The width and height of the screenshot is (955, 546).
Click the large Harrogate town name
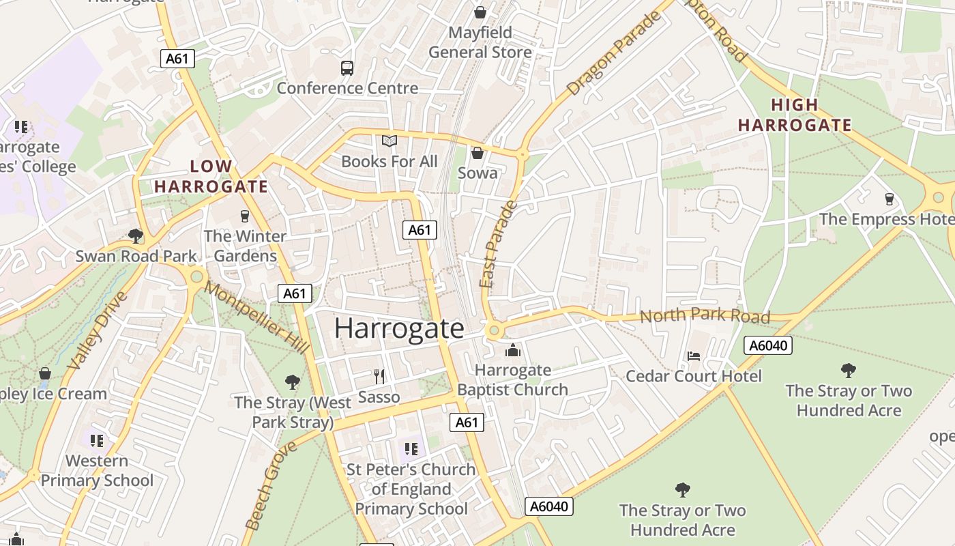pyautogui.click(x=399, y=328)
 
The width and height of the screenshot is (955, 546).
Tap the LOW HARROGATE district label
pyautogui.click(x=211, y=176)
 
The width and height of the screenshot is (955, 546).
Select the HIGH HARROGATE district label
pyautogui.click(x=795, y=115)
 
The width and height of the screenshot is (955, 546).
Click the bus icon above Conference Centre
pyautogui.click(x=347, y=68)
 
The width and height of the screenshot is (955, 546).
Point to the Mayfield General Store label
pyautogui.click(x=480, y=42)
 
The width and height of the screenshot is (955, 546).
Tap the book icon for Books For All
pyautogui.click(x=390, y=141)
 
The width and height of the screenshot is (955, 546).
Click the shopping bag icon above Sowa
pyautogui.click(x=477, y=152)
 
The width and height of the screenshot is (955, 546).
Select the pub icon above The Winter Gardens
pyautogui.click(x=245, y=216)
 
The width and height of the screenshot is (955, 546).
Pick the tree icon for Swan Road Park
pyautogui.click(x=136, y=236)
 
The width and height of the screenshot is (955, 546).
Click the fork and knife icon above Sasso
pyautogui.click(x=379, y=376)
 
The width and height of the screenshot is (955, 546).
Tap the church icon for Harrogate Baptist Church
pyautogui.click(x=512, y=351)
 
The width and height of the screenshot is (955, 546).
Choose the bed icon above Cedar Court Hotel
pyautogui.click(x=694, y=356)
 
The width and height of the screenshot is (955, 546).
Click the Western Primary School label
pyautogui.click(x=97, y=470)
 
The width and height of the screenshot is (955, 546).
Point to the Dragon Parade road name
pyautogui.click(x=614, y=53)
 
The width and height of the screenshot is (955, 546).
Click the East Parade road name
pyautogui.click(x=499, y=244)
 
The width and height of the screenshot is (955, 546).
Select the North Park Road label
pyautogui.click(x=705, y=316)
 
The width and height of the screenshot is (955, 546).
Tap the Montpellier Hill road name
pyautogui.click(x=256, y=317)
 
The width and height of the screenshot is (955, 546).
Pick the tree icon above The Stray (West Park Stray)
pyautogui.click(x=293, y=382)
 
